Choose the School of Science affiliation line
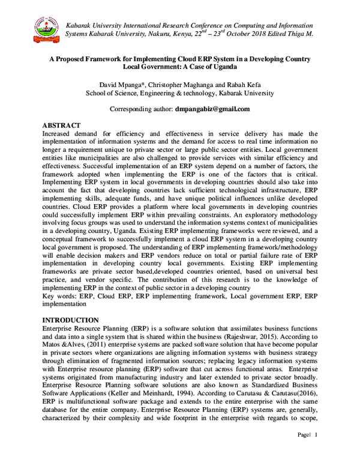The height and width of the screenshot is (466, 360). point(179,93)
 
